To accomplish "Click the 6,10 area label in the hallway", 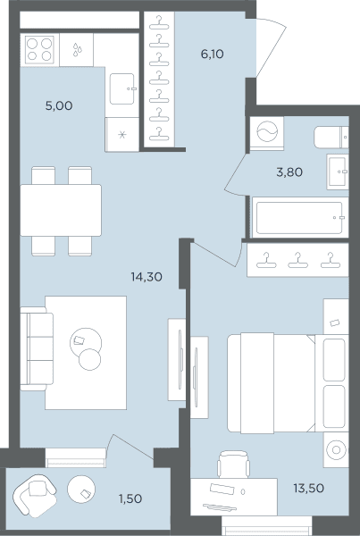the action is pyautogui.click(x=212, y=54).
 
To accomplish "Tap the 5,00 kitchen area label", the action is pyautogui.click(x=59, y=105).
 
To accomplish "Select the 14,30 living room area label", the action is pyautogui.click(x=147, y=277).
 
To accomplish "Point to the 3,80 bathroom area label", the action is pyautogui.click(x=289, y=172).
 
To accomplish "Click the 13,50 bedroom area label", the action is pyautogui.click(x=308, y=488).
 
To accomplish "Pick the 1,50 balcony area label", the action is pyautogui.click(x=130, y=498).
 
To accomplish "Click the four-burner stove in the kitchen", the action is pyautogui.click(x=39, y=49).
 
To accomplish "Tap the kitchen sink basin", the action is pyautogui.click(x=122, y=88).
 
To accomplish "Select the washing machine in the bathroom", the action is pyautogui.click(x=267, y=133).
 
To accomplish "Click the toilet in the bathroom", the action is pyautogui.click(x=331, y=137).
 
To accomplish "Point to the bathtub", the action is pyautogui.click(x=300, y=217).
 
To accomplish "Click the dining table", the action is pyautogui.click(x=61, y=210).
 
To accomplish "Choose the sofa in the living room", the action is pyautogui.click(x=37, y=348).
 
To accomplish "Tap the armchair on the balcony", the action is pyautogui.click(x=34, y=495).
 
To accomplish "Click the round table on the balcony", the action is pyautogui.click(x=81, y=490).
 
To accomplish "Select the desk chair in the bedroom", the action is pyautogui.click(x=233, y=465).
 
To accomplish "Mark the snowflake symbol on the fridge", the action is pyautogui.click(x=122, y=135).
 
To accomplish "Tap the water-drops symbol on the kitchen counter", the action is pyautogui.click(x=77, y=50).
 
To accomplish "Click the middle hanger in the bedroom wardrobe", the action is pyautogui.click(x=297, y=261).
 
